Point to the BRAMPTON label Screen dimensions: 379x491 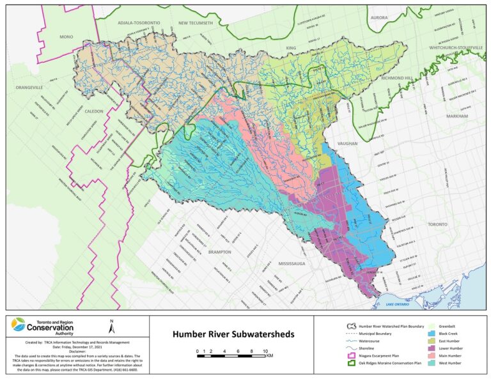click(x=228, y=252)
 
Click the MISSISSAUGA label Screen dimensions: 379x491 click(x=293, y=263)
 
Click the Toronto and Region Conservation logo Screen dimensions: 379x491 click(x=42, y=327)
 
